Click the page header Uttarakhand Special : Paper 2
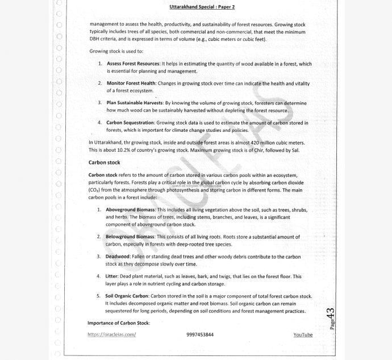(x=202, y=7)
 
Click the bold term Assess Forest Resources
(x=134, y=64)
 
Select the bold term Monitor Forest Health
(x=131, y=83)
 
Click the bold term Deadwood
(x=118, y=256)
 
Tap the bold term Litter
(x=112, y=276)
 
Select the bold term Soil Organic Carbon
(x=127, y=296)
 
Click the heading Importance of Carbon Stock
(x=119, y=323)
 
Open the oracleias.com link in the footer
(x=112, y=335)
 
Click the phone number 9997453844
(x=200, y=335)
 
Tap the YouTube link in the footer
(x=303, y=335)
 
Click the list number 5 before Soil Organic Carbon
(x=99, y=296)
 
